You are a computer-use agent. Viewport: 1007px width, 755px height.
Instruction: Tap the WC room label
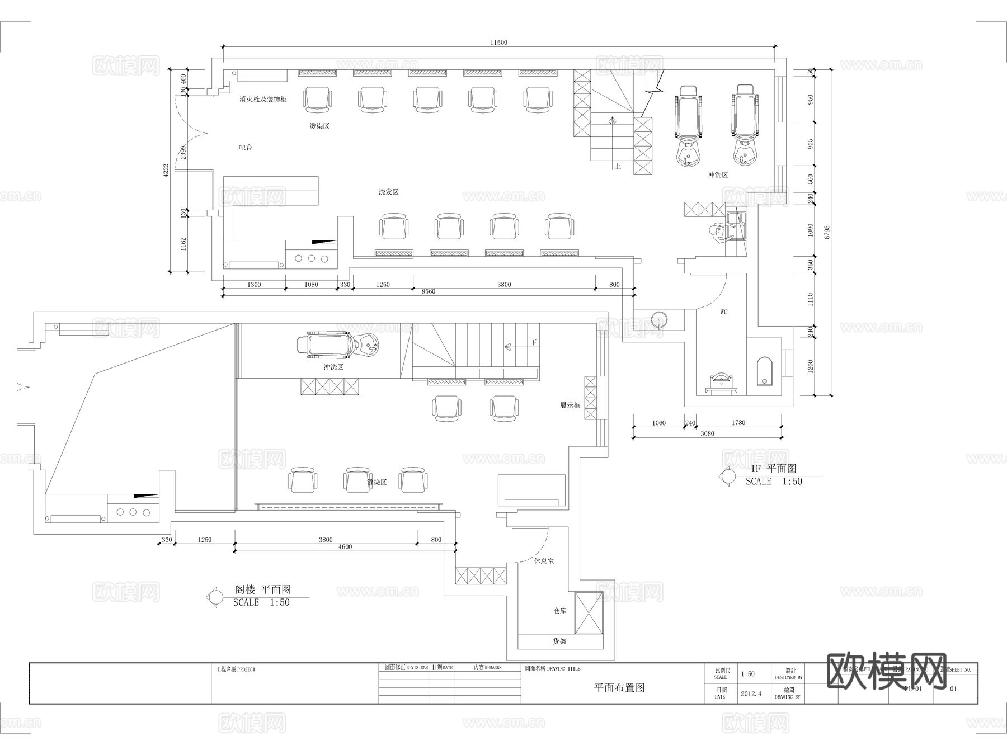723,312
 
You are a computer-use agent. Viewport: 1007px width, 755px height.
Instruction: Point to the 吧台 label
246,148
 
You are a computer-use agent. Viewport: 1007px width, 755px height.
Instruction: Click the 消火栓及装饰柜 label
263,99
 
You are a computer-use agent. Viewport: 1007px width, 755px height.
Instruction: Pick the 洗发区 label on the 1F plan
388,192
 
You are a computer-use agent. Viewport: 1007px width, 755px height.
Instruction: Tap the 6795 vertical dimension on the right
827,232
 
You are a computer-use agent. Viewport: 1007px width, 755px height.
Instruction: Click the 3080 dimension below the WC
707,433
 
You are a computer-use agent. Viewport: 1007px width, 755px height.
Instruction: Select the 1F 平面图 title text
773,469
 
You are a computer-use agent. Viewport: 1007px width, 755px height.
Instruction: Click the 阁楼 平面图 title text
262,589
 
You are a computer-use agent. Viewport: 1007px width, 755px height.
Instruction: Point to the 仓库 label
559,611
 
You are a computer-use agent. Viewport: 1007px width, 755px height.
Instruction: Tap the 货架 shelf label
559,641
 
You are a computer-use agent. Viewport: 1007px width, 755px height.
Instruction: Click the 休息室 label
543,561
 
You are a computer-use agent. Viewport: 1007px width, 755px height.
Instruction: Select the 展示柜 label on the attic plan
570,405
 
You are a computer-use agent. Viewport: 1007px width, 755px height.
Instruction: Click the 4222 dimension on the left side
166,171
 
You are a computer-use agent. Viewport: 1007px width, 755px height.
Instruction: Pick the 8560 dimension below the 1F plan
428,291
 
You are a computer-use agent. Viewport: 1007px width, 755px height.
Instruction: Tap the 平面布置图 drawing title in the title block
619,688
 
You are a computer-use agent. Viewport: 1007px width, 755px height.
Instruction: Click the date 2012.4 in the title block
751,693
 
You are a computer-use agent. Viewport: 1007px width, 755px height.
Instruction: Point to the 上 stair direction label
617,167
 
